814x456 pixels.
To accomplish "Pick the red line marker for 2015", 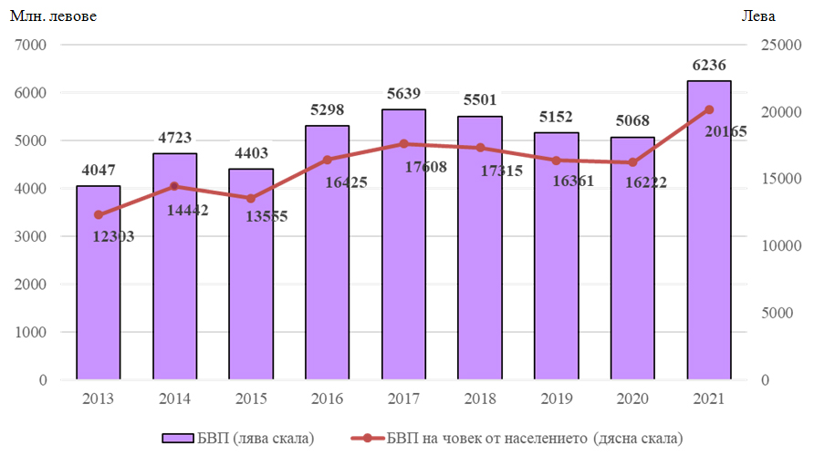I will tap(251, 198).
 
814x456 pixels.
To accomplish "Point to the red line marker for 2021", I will tap(709, 109).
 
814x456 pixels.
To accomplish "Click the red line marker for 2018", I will tap(480, 148).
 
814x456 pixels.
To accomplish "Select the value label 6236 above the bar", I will tap(709, 66).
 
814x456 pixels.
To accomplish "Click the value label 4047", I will tap(99, 171).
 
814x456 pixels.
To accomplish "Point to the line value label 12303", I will tap(114, 236).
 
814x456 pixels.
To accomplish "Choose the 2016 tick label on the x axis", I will tap(327, 399).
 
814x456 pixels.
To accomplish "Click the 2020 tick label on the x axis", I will tap(632, 399).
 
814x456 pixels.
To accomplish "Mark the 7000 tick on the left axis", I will tap(30, 45).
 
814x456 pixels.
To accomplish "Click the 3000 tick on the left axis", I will tap(30, 236).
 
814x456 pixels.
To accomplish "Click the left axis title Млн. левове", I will tap(53, 16).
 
